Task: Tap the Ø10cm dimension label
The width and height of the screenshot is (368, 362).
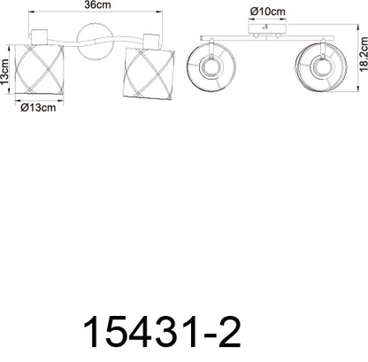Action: pyautogui.click(x=268, y=12)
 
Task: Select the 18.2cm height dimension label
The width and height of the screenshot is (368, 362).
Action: pyautogui.click(x=364, y=54)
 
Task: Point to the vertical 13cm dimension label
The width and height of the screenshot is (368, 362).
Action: pyautogui.click(x=5, y=72)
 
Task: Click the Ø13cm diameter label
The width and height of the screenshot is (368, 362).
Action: pyautogui.click(x=38, y=108)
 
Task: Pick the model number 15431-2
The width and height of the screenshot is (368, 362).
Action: pyautogui.click(x=162, y=332)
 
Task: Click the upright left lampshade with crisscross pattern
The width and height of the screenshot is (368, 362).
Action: pyautogui.click(x=39, y=69)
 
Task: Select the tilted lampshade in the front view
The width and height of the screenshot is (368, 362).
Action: pyautogui.click(x=149, y=73)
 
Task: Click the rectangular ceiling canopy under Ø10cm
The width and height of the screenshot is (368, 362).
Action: pyautogui.click(x=268, y=29)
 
